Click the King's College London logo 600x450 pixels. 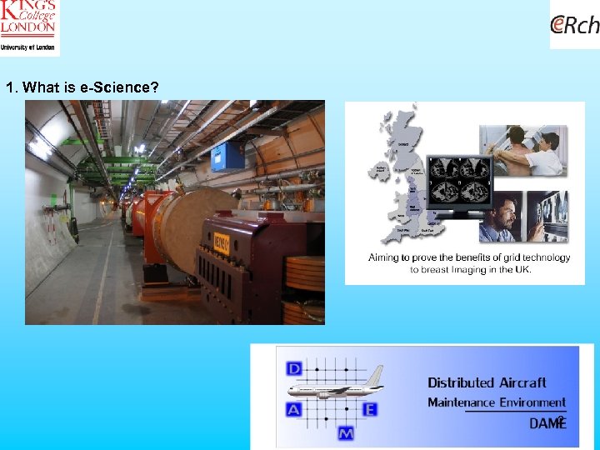point(29,27)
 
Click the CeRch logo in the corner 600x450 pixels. point(575,26)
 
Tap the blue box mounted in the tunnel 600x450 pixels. point(226,156)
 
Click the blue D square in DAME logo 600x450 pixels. point(294,367)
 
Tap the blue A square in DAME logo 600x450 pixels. point(294,409)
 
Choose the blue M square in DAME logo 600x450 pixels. point(346,433)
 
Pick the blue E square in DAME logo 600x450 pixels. point(370,409)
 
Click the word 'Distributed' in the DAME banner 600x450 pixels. point(461,382)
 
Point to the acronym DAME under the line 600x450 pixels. point(547,423)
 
